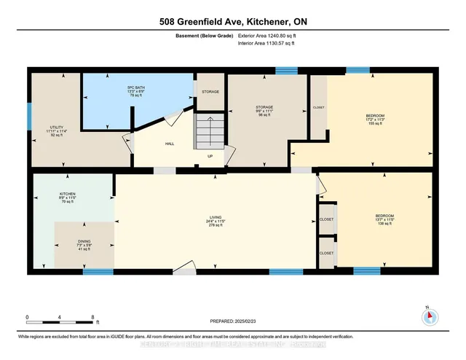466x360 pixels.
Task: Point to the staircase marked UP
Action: [x=210, y=134]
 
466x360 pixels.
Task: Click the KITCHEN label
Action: [x=67, y=195]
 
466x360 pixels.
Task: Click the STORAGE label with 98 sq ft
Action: [x=264, y=106]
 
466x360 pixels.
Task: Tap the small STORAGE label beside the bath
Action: [x=210, y=91]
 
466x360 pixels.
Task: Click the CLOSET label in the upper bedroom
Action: [x=319, y=107]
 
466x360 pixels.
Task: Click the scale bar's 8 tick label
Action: [x=93, y=317]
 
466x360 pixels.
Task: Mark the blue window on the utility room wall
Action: [x=30, y=115]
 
